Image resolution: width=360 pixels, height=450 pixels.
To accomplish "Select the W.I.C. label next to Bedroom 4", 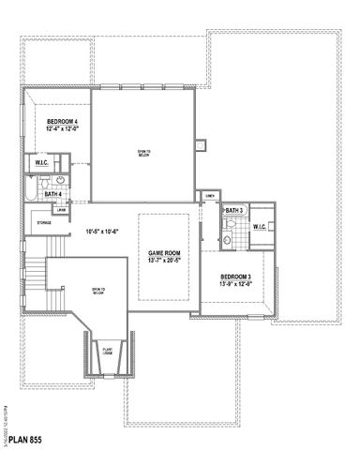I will [42, 162].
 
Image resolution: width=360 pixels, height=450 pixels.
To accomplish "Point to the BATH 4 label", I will [53, 194].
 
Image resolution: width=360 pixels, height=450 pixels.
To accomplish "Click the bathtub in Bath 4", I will [32, 192].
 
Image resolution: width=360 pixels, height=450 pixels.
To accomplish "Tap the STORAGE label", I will [44, 222].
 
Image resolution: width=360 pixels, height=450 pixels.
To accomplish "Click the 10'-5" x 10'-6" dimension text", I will [102, 232].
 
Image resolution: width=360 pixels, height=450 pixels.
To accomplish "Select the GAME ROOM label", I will [164, 254].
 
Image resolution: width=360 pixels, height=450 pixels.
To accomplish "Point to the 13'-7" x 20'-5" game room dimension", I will [164, 262].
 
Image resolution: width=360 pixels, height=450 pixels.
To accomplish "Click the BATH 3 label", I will [233, 211].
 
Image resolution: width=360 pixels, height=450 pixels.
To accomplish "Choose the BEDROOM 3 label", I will [235, 277].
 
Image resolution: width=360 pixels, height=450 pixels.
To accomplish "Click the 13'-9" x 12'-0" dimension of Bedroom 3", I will [235, 284].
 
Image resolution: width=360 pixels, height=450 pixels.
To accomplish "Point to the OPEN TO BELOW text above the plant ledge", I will [97, 292].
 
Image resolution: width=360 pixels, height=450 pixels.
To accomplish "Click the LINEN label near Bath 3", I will [208, 195].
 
